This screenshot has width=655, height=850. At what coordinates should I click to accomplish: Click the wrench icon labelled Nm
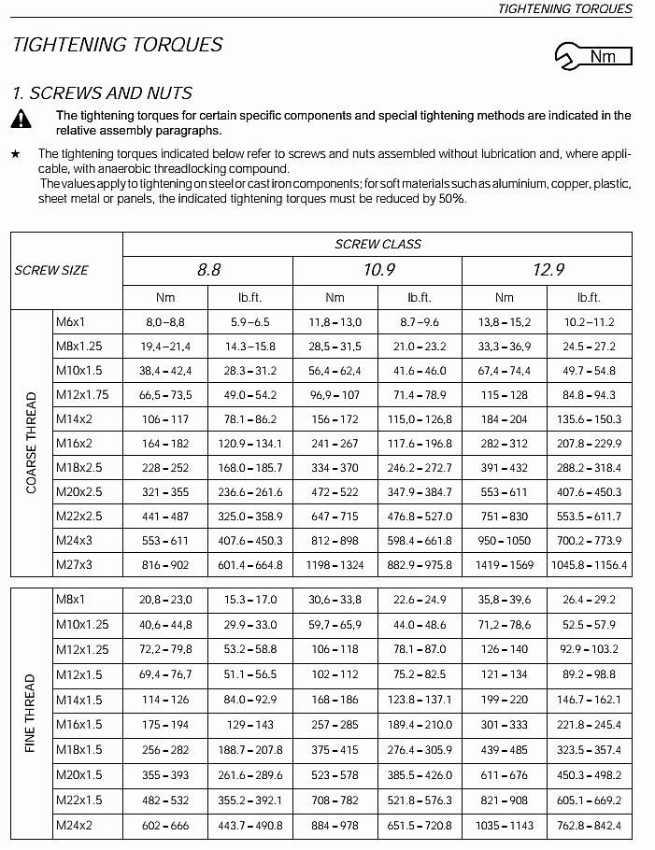pos(592,56)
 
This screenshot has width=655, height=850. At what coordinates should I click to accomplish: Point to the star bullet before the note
pos(15,153)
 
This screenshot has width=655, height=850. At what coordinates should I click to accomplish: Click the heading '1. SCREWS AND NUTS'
pos(102,92)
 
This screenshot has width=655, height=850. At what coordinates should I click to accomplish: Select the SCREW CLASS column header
pos(377,244)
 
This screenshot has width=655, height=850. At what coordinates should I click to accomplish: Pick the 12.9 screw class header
pos(548,270)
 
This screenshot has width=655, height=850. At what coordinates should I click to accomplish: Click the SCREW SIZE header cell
pos(51,270)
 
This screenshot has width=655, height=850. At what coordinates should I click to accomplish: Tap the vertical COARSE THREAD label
pos(32,443)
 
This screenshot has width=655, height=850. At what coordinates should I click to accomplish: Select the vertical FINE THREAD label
pos(32,713)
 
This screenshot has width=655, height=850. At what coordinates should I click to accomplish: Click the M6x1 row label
pos(70,321)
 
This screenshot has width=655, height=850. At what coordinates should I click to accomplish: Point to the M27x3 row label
pos(74,564)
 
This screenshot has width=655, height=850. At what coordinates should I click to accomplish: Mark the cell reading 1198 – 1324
pos(335,564)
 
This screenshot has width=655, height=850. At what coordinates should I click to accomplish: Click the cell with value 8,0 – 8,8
pos(165,321)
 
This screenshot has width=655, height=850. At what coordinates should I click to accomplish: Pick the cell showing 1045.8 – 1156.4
pos(589,564)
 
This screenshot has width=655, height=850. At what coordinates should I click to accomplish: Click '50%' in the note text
pos(451,198)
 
